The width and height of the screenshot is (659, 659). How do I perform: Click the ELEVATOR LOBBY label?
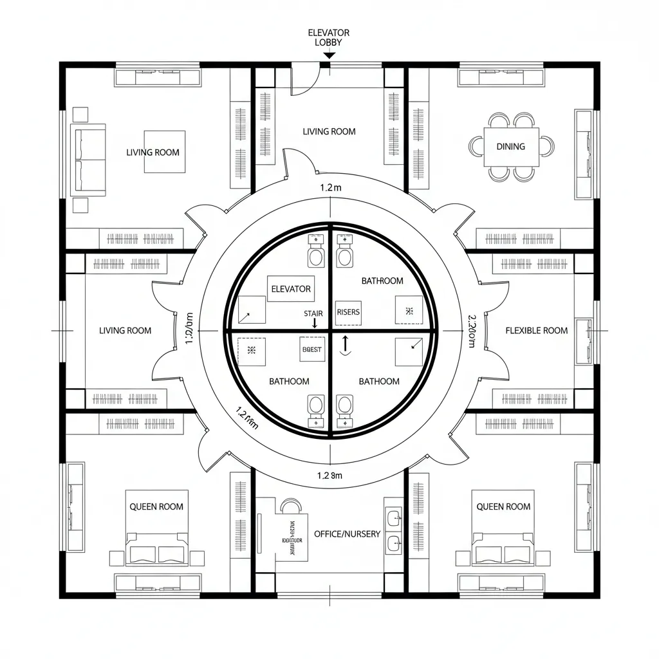(x=329, y=37)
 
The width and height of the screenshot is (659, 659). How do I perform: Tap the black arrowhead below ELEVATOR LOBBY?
(x=328, y=57)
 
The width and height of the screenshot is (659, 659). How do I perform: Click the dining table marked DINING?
(x=510, y=147)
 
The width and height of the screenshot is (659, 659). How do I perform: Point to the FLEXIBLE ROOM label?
(x=537, y=331)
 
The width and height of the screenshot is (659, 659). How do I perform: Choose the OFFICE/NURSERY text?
(x=347, y=534)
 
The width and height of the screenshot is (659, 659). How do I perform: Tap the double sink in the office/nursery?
(x=393, y=527)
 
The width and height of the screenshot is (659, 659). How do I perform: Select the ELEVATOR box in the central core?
(x=291, y=289)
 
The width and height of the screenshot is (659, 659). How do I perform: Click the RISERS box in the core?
(x=349, y=312)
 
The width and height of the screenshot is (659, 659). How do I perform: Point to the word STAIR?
(x=313, y=313)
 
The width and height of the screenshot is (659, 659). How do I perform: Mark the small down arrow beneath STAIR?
(x=314, y=324)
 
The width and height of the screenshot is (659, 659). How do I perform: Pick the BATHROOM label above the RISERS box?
(x=382, y=281)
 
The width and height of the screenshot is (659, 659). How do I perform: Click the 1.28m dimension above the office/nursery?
(x=329, y=476)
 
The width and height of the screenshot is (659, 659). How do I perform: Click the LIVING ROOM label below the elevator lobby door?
(x=329, y=131)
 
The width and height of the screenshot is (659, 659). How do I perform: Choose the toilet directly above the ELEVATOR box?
(x=316, y=252)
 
